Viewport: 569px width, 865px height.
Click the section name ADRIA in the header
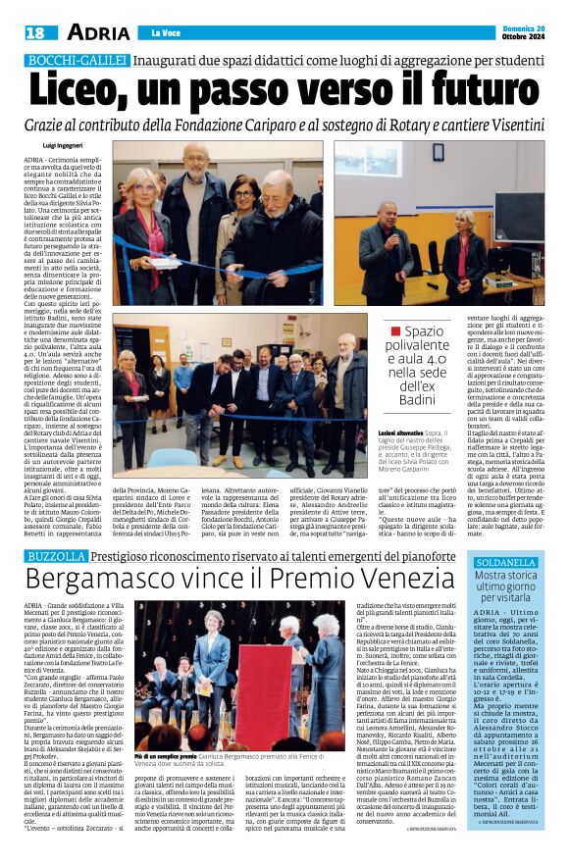[x=98, y=31]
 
